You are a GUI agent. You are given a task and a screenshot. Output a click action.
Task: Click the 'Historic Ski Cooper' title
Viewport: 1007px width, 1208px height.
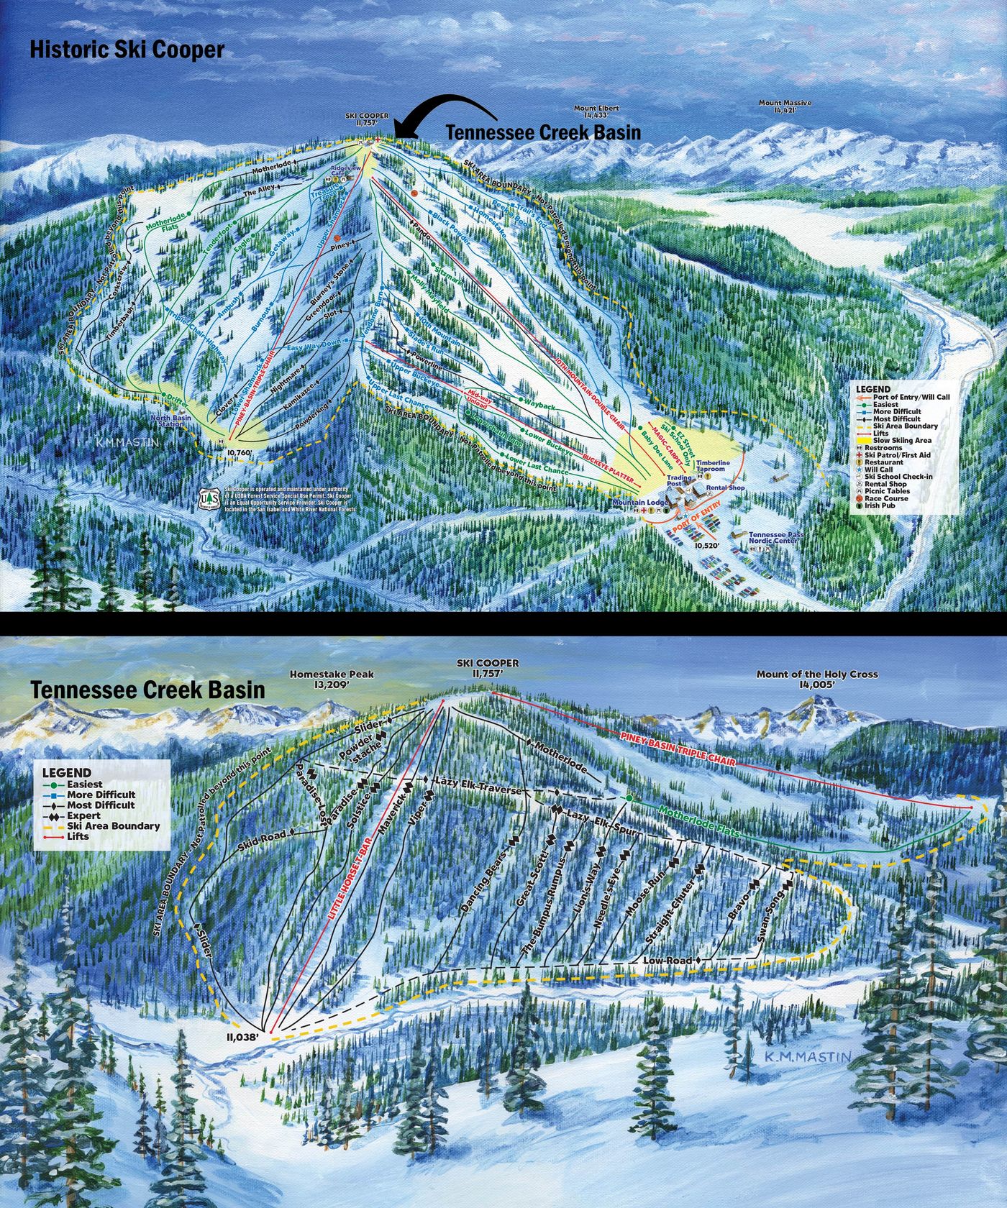127,50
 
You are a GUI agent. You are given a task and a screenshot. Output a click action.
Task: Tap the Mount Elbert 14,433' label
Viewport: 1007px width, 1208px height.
596,111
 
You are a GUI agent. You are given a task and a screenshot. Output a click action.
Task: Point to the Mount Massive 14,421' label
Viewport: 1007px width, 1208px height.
785,107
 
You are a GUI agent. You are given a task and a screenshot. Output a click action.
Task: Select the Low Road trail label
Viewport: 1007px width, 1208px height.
667,961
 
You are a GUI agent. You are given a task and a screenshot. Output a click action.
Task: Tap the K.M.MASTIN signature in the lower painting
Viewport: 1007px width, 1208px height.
808,1056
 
